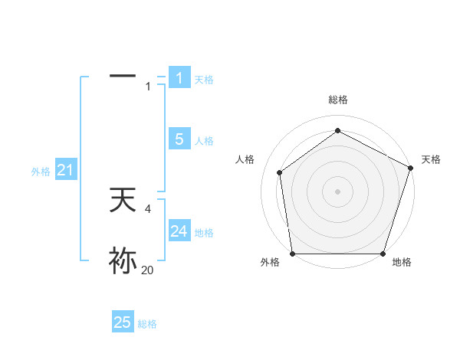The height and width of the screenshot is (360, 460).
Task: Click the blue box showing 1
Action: point(179,77)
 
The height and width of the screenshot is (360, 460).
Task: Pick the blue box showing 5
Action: point(179,139)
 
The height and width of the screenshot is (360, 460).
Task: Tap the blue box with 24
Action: point(179,231)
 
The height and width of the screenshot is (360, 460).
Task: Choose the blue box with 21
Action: point(65,170)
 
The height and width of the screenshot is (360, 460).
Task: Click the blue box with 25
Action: point(123,322)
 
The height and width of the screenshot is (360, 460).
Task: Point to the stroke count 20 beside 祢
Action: point(147,270)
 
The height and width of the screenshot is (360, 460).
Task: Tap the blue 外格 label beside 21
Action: point(41,172)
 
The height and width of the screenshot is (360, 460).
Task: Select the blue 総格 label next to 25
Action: point(147,324)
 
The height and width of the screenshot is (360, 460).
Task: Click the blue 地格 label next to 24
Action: point(204,232)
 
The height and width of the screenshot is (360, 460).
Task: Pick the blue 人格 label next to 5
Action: point(204,141)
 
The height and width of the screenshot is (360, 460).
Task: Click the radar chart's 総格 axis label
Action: point(338,100)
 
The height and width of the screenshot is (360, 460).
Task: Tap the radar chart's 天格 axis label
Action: point(432,159)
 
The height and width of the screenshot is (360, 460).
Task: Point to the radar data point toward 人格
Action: point(280,172)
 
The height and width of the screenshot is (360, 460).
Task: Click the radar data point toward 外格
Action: point(293,254)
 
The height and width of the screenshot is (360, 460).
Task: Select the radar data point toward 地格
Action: point(383,254)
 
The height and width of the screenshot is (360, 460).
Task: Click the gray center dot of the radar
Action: point(337,191)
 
